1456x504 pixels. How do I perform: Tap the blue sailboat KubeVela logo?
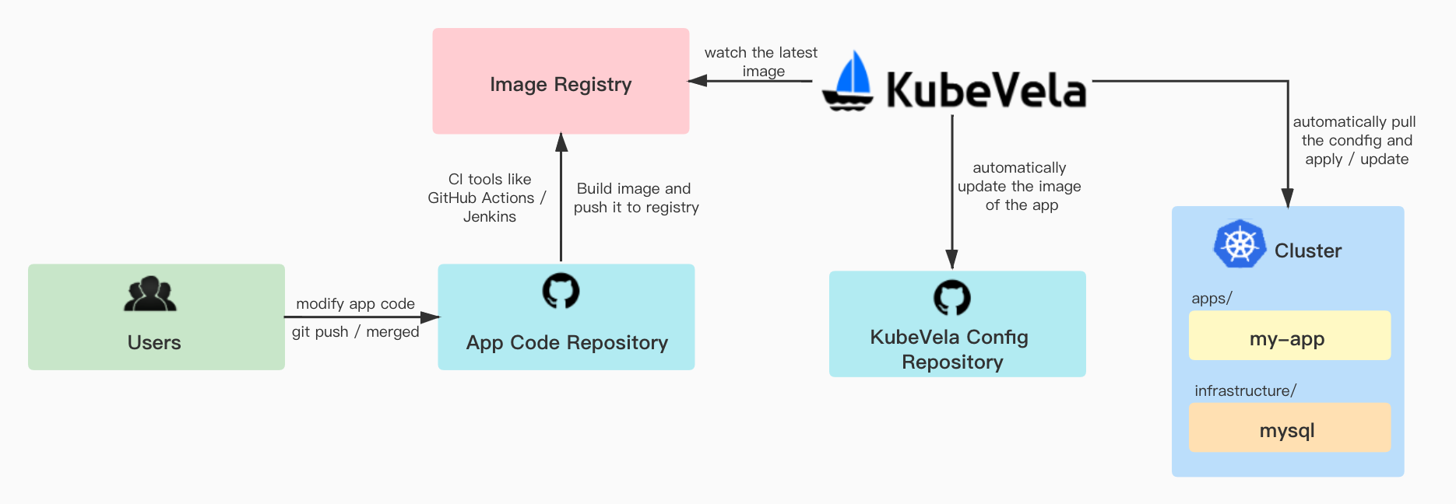click(x=849, y=82)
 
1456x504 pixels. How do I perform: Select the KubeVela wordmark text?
click(x=986, y=90)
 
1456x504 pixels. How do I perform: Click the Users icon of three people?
click(x=150, y=294)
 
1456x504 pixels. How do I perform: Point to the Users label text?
click(x=154, y=343)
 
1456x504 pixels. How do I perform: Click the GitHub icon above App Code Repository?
click(x=561, y=290)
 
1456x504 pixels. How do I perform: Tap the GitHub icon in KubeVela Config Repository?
click(x=951, y=297)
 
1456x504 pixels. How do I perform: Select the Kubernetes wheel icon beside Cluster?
click(x=1239, y=244)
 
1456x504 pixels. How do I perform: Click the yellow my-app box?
click(x=1289, y=336)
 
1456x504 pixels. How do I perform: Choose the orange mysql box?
click(x=1289, y=428)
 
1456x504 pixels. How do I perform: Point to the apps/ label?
click(x=1212, y=299)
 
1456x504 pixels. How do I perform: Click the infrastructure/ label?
click(x=1245, y=390)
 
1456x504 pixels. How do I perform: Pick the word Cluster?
click(x=1308, y=250)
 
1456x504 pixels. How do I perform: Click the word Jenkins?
click(x=490, y=217)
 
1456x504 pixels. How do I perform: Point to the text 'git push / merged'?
click(x=355, y=332)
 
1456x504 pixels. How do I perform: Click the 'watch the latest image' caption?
click(x=761, y=61)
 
